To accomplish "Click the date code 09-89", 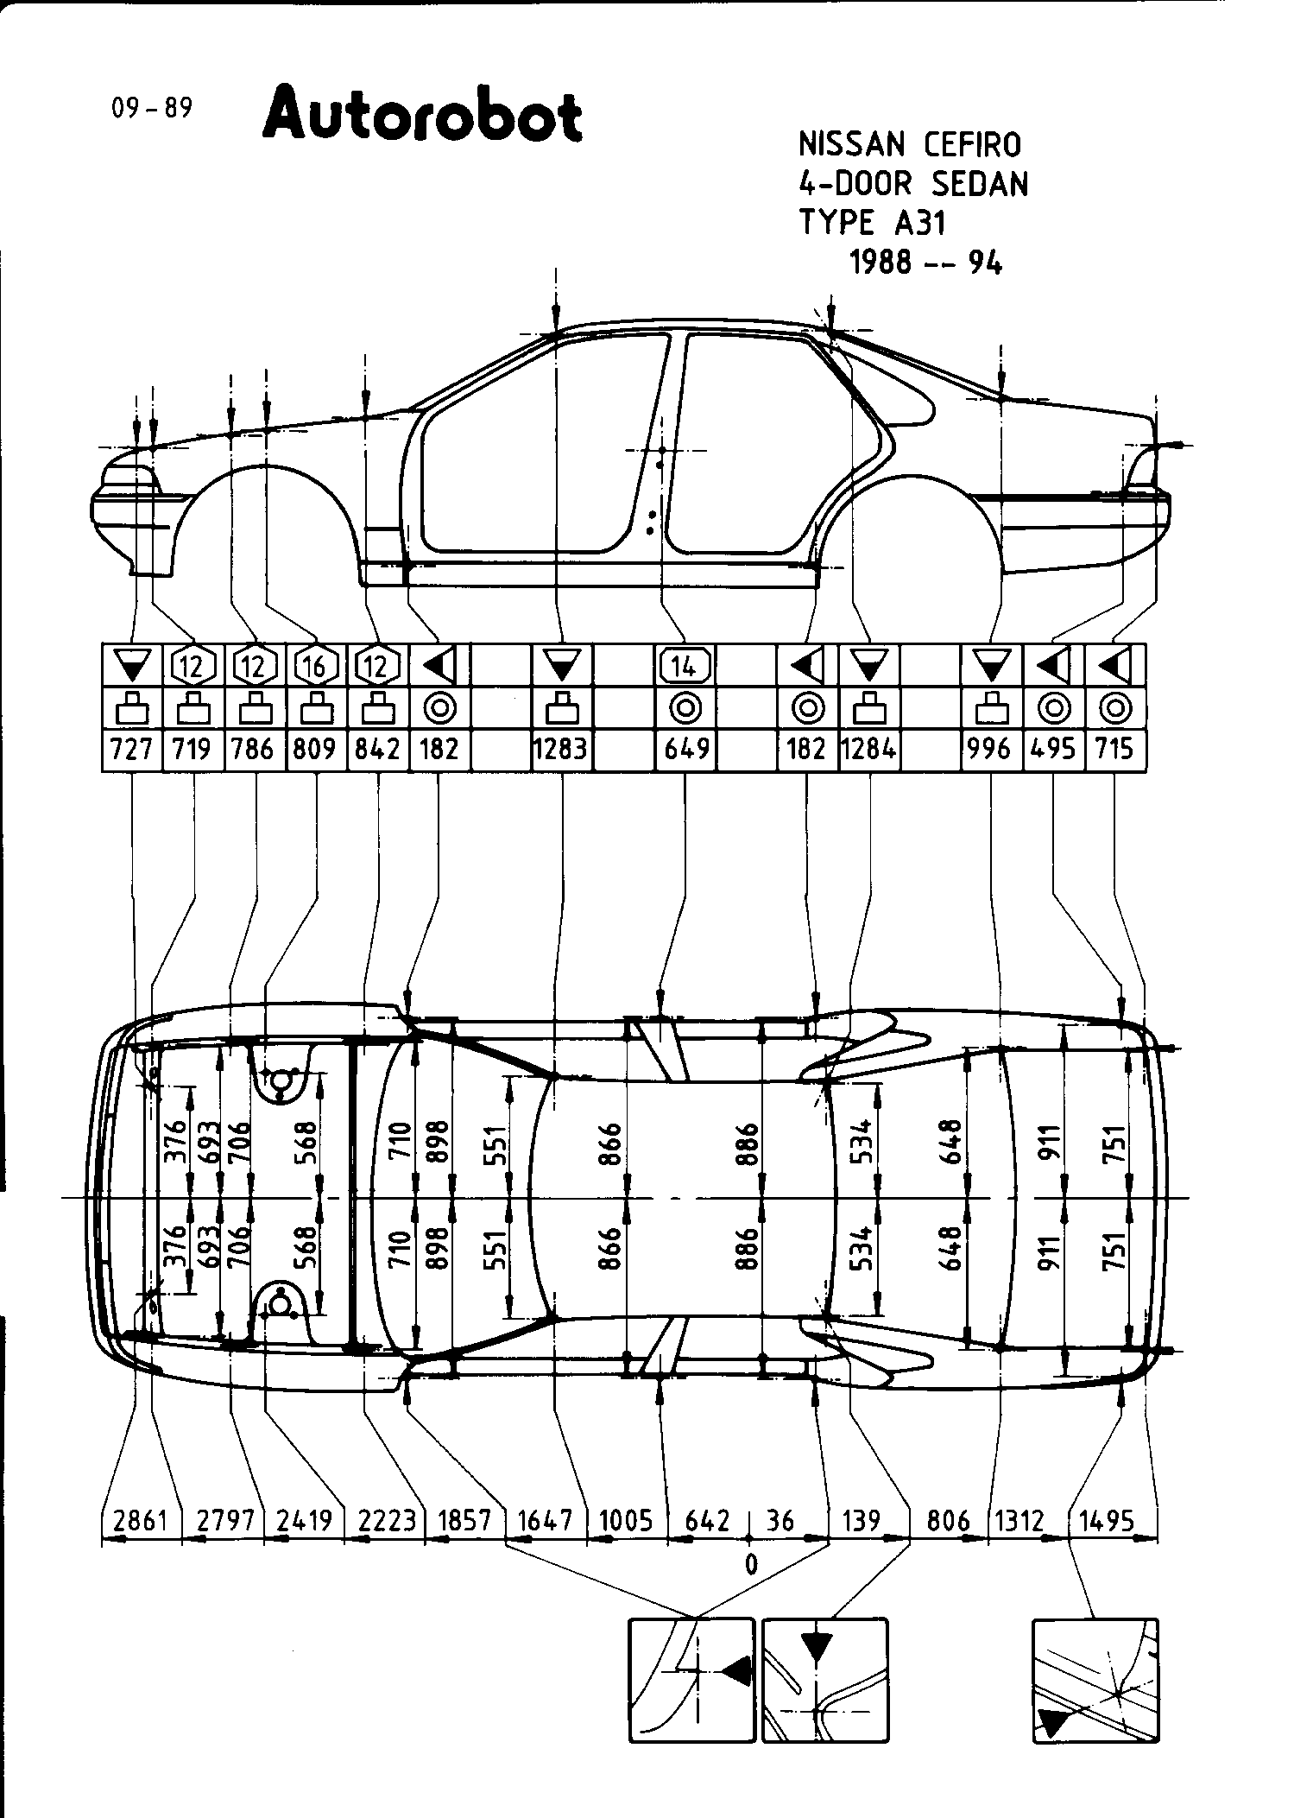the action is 151,109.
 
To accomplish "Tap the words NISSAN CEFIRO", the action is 910,144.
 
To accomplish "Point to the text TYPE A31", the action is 873,223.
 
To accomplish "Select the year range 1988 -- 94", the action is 926,262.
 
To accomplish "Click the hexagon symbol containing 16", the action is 315,666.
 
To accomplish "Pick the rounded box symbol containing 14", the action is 685,666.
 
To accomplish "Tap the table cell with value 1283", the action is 561,748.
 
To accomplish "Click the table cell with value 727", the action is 131,748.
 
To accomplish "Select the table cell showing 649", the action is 685,748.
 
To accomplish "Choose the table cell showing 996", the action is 990,748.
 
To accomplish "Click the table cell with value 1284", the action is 868,748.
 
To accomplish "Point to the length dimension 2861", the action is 140,1520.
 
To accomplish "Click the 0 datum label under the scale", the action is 750,1564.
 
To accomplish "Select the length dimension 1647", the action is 546,1520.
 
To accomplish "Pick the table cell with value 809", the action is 314,748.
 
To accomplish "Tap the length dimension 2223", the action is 386,1520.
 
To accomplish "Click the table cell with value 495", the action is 1052,748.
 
